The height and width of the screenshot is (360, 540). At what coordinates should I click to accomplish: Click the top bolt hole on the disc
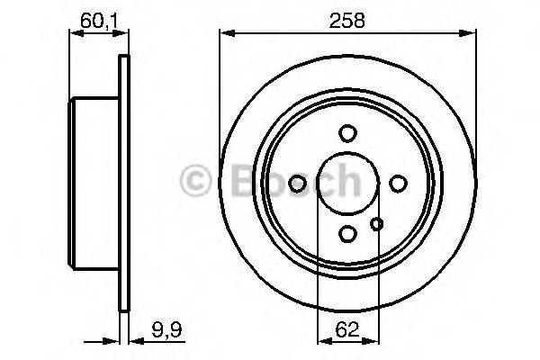pyautogui.click(x=347, y=133)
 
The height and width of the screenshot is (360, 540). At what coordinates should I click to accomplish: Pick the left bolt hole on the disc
pyautogui.click(x=297, y=184)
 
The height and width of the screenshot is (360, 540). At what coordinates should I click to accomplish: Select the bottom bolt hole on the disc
pyautogui.click(x=347, y=234)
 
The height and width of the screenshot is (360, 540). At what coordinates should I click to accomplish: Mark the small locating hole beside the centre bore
pyautogui.click(x=377, y=225)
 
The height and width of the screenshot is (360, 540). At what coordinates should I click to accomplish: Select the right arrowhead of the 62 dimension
pyautogui.click(x=372, y=341)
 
